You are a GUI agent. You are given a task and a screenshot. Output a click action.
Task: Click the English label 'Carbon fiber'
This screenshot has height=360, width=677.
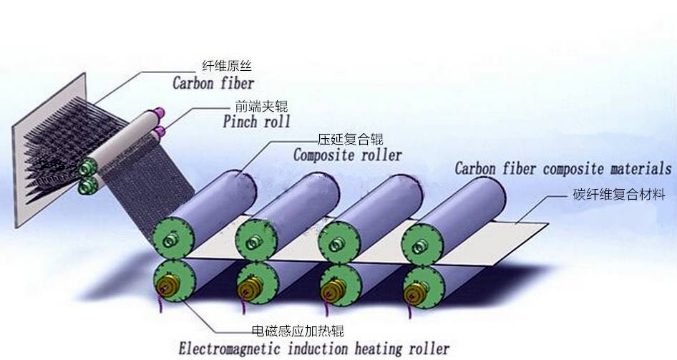click(213, 82)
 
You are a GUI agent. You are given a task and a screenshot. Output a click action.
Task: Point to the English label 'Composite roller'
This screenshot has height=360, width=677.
click(348, 154)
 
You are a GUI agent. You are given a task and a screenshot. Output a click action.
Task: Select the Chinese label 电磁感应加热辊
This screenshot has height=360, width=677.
click(298, 331)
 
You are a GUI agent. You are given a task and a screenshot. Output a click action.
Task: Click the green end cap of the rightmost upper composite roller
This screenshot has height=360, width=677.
click(422, 241)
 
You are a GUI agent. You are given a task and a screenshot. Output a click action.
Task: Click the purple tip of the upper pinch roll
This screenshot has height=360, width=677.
click(159, 112)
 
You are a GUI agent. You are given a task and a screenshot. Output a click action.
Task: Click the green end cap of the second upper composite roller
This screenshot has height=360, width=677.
click(258, 239)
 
